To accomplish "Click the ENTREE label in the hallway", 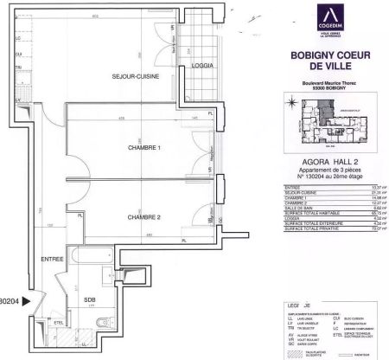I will coord(53,259).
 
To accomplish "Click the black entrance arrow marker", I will coord(27,301).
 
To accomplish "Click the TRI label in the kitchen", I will coord(17,67).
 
